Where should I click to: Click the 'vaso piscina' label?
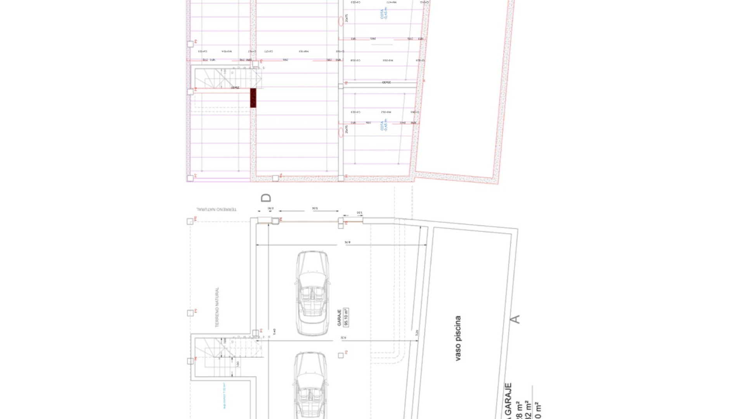[458, 338]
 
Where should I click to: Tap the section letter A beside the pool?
[515, 319]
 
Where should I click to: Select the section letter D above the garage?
[266, 198]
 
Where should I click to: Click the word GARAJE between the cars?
[340, 317]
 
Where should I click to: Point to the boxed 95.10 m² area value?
[346, 317]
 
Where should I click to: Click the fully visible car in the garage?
[313, 293]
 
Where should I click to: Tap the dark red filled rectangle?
[253, 98]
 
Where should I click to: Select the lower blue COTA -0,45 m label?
[384, 125]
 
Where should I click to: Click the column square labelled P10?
[190, 222]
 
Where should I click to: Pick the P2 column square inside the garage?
[341, 355]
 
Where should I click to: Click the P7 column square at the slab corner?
[190, 178]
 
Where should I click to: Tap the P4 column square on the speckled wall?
[275, 178]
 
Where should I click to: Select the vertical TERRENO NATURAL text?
[217, 307]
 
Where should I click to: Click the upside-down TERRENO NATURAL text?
[217, 209]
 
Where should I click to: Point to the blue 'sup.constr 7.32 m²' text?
[224, 396]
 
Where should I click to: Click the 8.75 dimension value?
[347, 242]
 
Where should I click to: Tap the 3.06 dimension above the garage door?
[315, 208]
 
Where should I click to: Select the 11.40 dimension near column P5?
[274, 332]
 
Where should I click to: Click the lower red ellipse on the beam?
[341, 132]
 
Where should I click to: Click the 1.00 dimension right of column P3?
[359, 213]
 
